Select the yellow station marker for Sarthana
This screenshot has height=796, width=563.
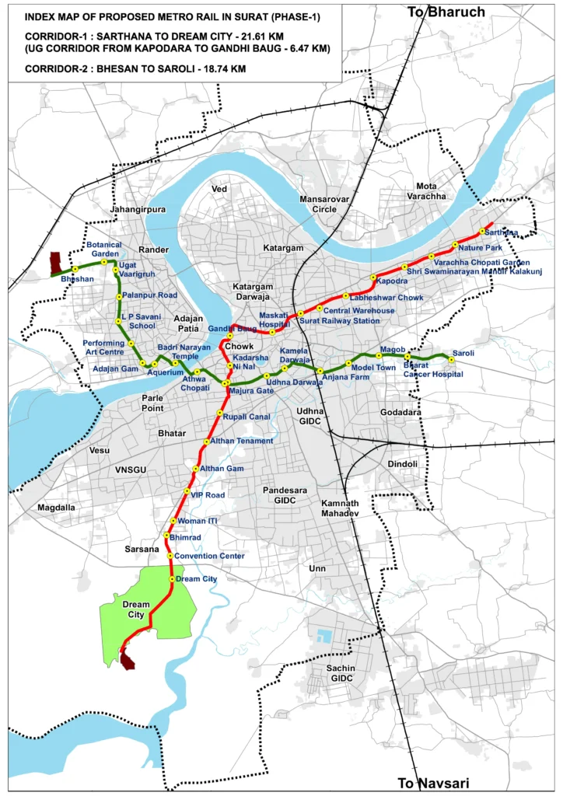click(482, 231)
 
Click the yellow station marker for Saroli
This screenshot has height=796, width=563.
click(451, 359)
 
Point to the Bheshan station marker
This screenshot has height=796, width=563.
click(75, 270)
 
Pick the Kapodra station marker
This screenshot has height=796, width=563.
click(373, 278)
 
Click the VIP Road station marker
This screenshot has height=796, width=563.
click(187, 493)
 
